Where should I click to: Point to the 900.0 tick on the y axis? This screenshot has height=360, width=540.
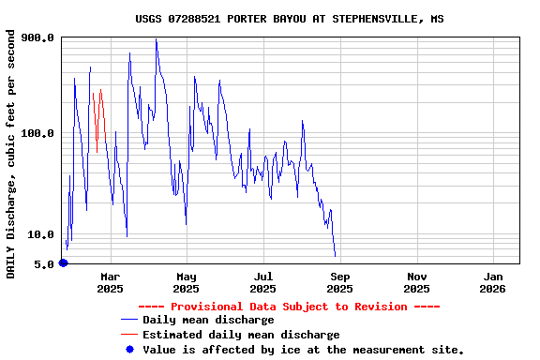point(38,37)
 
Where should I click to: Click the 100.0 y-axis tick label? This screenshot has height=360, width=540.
point(38,133)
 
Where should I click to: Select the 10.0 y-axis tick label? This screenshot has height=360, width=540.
point(41,234)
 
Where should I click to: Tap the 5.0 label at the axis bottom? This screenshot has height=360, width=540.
point(45,264)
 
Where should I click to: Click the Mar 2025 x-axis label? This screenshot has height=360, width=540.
point(111,282)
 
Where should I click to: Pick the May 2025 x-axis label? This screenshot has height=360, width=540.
point(187,282)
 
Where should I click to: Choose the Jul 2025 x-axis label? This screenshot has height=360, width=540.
point(263,282)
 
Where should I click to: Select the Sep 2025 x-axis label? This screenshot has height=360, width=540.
point(340,282)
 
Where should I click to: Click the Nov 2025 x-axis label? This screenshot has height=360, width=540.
point(417,282)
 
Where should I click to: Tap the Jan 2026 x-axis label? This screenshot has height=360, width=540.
point(493,282)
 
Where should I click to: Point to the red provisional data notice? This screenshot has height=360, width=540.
point(289,307)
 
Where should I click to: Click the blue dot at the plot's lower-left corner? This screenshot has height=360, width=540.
point(63,262)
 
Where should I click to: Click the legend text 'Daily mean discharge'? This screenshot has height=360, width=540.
point(208,321)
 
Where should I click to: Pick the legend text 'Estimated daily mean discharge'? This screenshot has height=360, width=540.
point(241,335)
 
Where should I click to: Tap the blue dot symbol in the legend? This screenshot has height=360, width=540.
point(129,350)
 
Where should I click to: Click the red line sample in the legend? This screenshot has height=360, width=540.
point(129,335)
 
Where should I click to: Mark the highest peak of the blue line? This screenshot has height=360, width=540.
point(156,39)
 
